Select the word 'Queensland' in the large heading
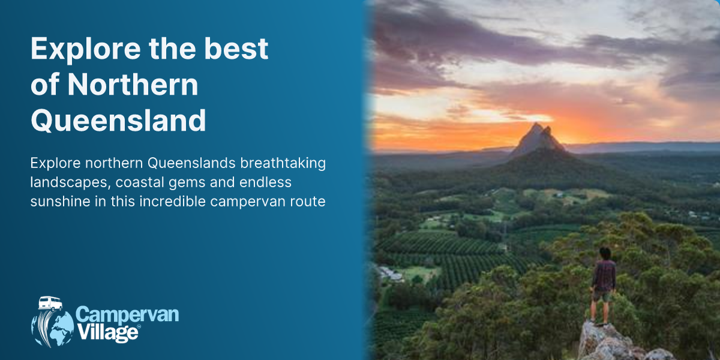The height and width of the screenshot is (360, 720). pyautogui.click(x=118, y=120)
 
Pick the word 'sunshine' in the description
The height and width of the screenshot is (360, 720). pyautogui.click(x=58, y=201)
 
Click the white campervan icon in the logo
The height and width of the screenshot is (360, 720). pyautogui.click(x=50, y=304)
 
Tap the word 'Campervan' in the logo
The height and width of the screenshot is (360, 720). pyautogui.click(x=127, y=314)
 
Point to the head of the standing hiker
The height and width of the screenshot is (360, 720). pyautogui.click(x=604, y=253)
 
